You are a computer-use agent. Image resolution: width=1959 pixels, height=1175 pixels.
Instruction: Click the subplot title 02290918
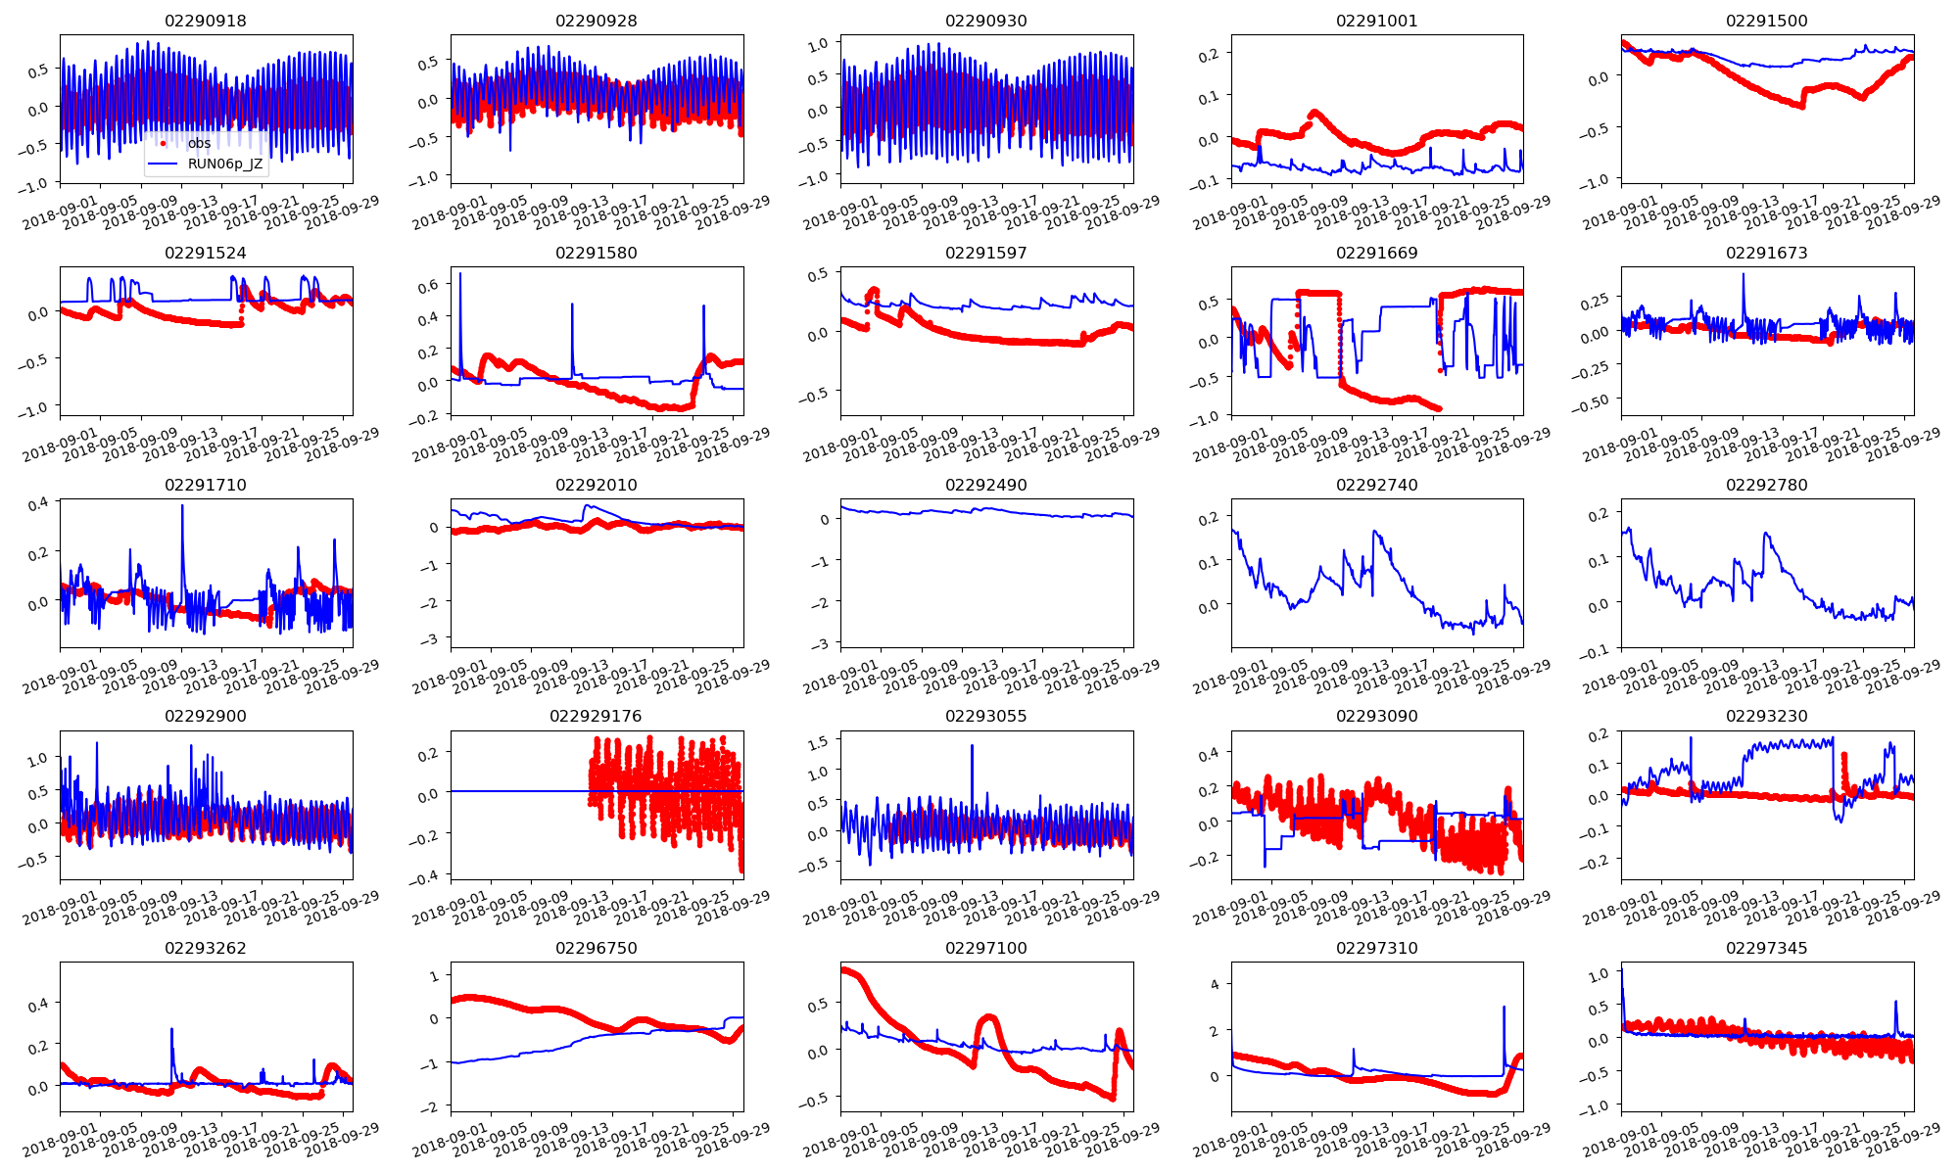pyautogui.click(x=206, y=21)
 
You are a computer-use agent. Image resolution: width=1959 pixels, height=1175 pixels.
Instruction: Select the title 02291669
pyautogui.click(x=1376, y=253)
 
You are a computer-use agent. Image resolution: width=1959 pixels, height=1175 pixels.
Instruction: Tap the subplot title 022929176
pyautogui.click(x=596, y=716)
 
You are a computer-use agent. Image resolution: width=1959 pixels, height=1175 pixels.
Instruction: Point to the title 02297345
pyautogui.click(x=1766, y=948)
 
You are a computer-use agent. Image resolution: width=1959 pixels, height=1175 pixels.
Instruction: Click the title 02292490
pyautogui.click(x=985, y=485)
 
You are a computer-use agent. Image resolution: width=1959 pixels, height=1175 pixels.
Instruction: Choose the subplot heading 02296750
pyautogui.click(x=596, y=948)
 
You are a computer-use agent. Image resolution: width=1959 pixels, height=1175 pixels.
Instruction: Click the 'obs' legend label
pyautogui.click(x=200, y=143)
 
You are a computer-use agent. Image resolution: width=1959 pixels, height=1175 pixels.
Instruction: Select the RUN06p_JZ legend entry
pyautogui.click(x=225, y=164)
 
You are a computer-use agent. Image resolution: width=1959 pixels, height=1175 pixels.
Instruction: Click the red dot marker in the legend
pyautogui.click(x=163, y=144)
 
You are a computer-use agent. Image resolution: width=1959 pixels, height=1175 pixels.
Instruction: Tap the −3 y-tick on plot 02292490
pyautogui.click(x=821, y=643)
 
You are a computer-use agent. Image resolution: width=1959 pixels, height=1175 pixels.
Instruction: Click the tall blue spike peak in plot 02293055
pyautogui.click(x=972, y=746)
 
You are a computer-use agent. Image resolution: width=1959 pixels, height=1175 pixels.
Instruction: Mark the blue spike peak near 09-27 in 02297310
pyautogui.click(x=1504, y=1008)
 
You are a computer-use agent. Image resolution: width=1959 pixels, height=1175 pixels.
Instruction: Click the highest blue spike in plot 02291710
pyautogui.click(x=182, y=506)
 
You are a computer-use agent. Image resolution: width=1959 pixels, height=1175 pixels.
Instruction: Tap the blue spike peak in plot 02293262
pyautogui.click(x=171, y=1029)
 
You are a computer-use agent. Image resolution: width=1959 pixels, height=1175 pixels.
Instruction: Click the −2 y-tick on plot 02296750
pyautogui.click(x=431, y=1107)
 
